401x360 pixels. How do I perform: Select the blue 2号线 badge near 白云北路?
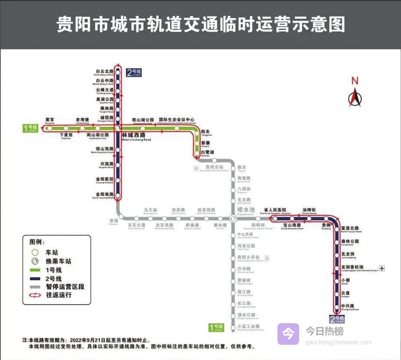point(134,72)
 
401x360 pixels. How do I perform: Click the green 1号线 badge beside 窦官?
point(32,128)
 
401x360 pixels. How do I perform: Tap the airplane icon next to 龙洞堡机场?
point(381,268)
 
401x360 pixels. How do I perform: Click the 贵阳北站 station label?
point(214,167)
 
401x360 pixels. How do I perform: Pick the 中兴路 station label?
point(348,306)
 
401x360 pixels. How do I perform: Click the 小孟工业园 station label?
point(248,327)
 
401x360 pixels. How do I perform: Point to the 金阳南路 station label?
point(104,195)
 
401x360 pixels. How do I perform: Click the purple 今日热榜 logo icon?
point(288,334)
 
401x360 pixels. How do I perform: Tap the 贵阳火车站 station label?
point(248,258)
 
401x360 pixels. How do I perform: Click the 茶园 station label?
point(114,221)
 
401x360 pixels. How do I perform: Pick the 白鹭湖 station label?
point(207,153)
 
